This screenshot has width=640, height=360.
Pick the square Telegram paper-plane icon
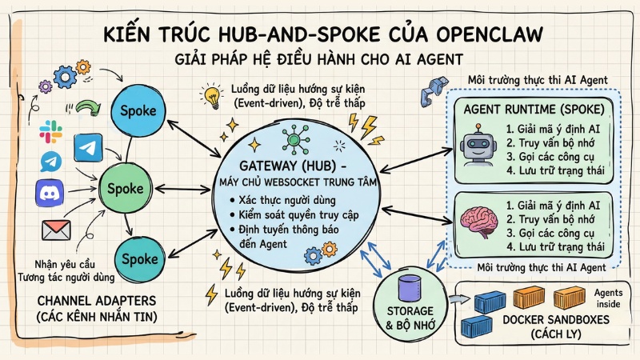[87, 146]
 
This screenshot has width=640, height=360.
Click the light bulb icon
[212, 97]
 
